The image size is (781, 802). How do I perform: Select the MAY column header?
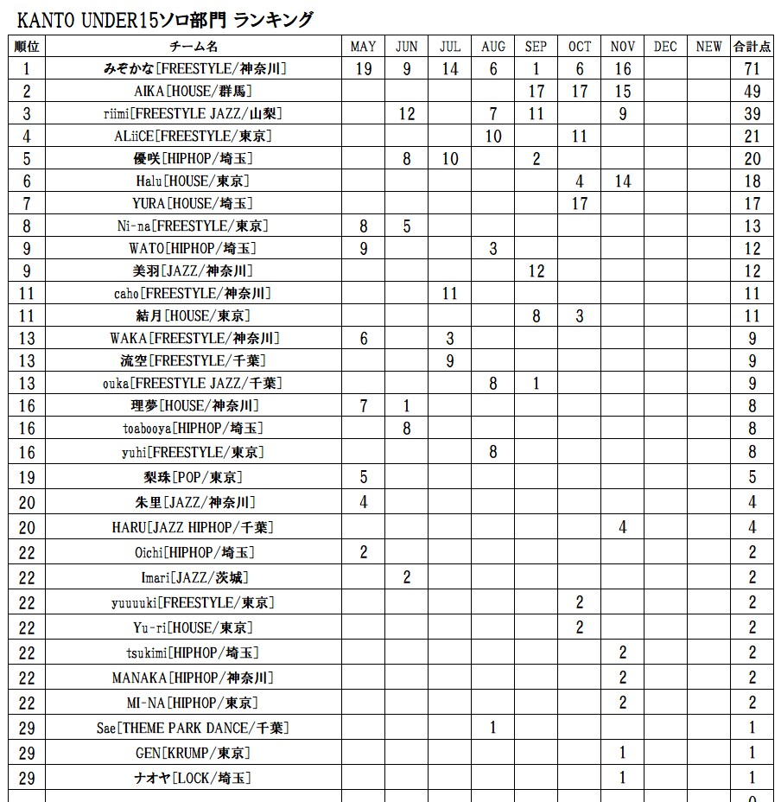click(x=364, y=47)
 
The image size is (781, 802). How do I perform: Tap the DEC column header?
click(x=665, y=47)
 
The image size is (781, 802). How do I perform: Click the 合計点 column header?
click(x=752, y=47)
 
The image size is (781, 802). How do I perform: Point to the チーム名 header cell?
click(x=194, y=47)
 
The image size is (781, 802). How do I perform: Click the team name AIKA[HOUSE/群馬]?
click(x=194, y=92)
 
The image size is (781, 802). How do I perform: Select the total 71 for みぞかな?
click(x=752, y=69)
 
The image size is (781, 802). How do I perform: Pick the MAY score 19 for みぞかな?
click(x=364, y=69)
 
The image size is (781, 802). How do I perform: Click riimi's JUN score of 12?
click(x=407, y=114)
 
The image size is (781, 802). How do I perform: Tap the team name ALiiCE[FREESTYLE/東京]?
click(x=194, y=137)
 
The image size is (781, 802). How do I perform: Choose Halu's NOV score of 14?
click(x=622, y=181)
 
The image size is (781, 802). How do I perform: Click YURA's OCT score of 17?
click(x=579, y=204)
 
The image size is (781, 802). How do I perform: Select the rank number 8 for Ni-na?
click(x=27, y=226)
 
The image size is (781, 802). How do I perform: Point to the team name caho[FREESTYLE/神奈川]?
click(x=194, y=294)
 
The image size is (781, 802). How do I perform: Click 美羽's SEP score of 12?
click(x=536, y=271)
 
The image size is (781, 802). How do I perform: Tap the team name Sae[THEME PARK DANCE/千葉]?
click(x=194, y=729)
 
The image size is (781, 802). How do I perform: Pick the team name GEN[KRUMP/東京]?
click(x=194, y=754)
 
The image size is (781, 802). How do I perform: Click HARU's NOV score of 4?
click(x=622, y=527)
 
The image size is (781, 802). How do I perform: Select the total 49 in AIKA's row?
click(x=752, y=92)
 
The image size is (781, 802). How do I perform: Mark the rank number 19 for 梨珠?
click(x=27, y=477)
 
